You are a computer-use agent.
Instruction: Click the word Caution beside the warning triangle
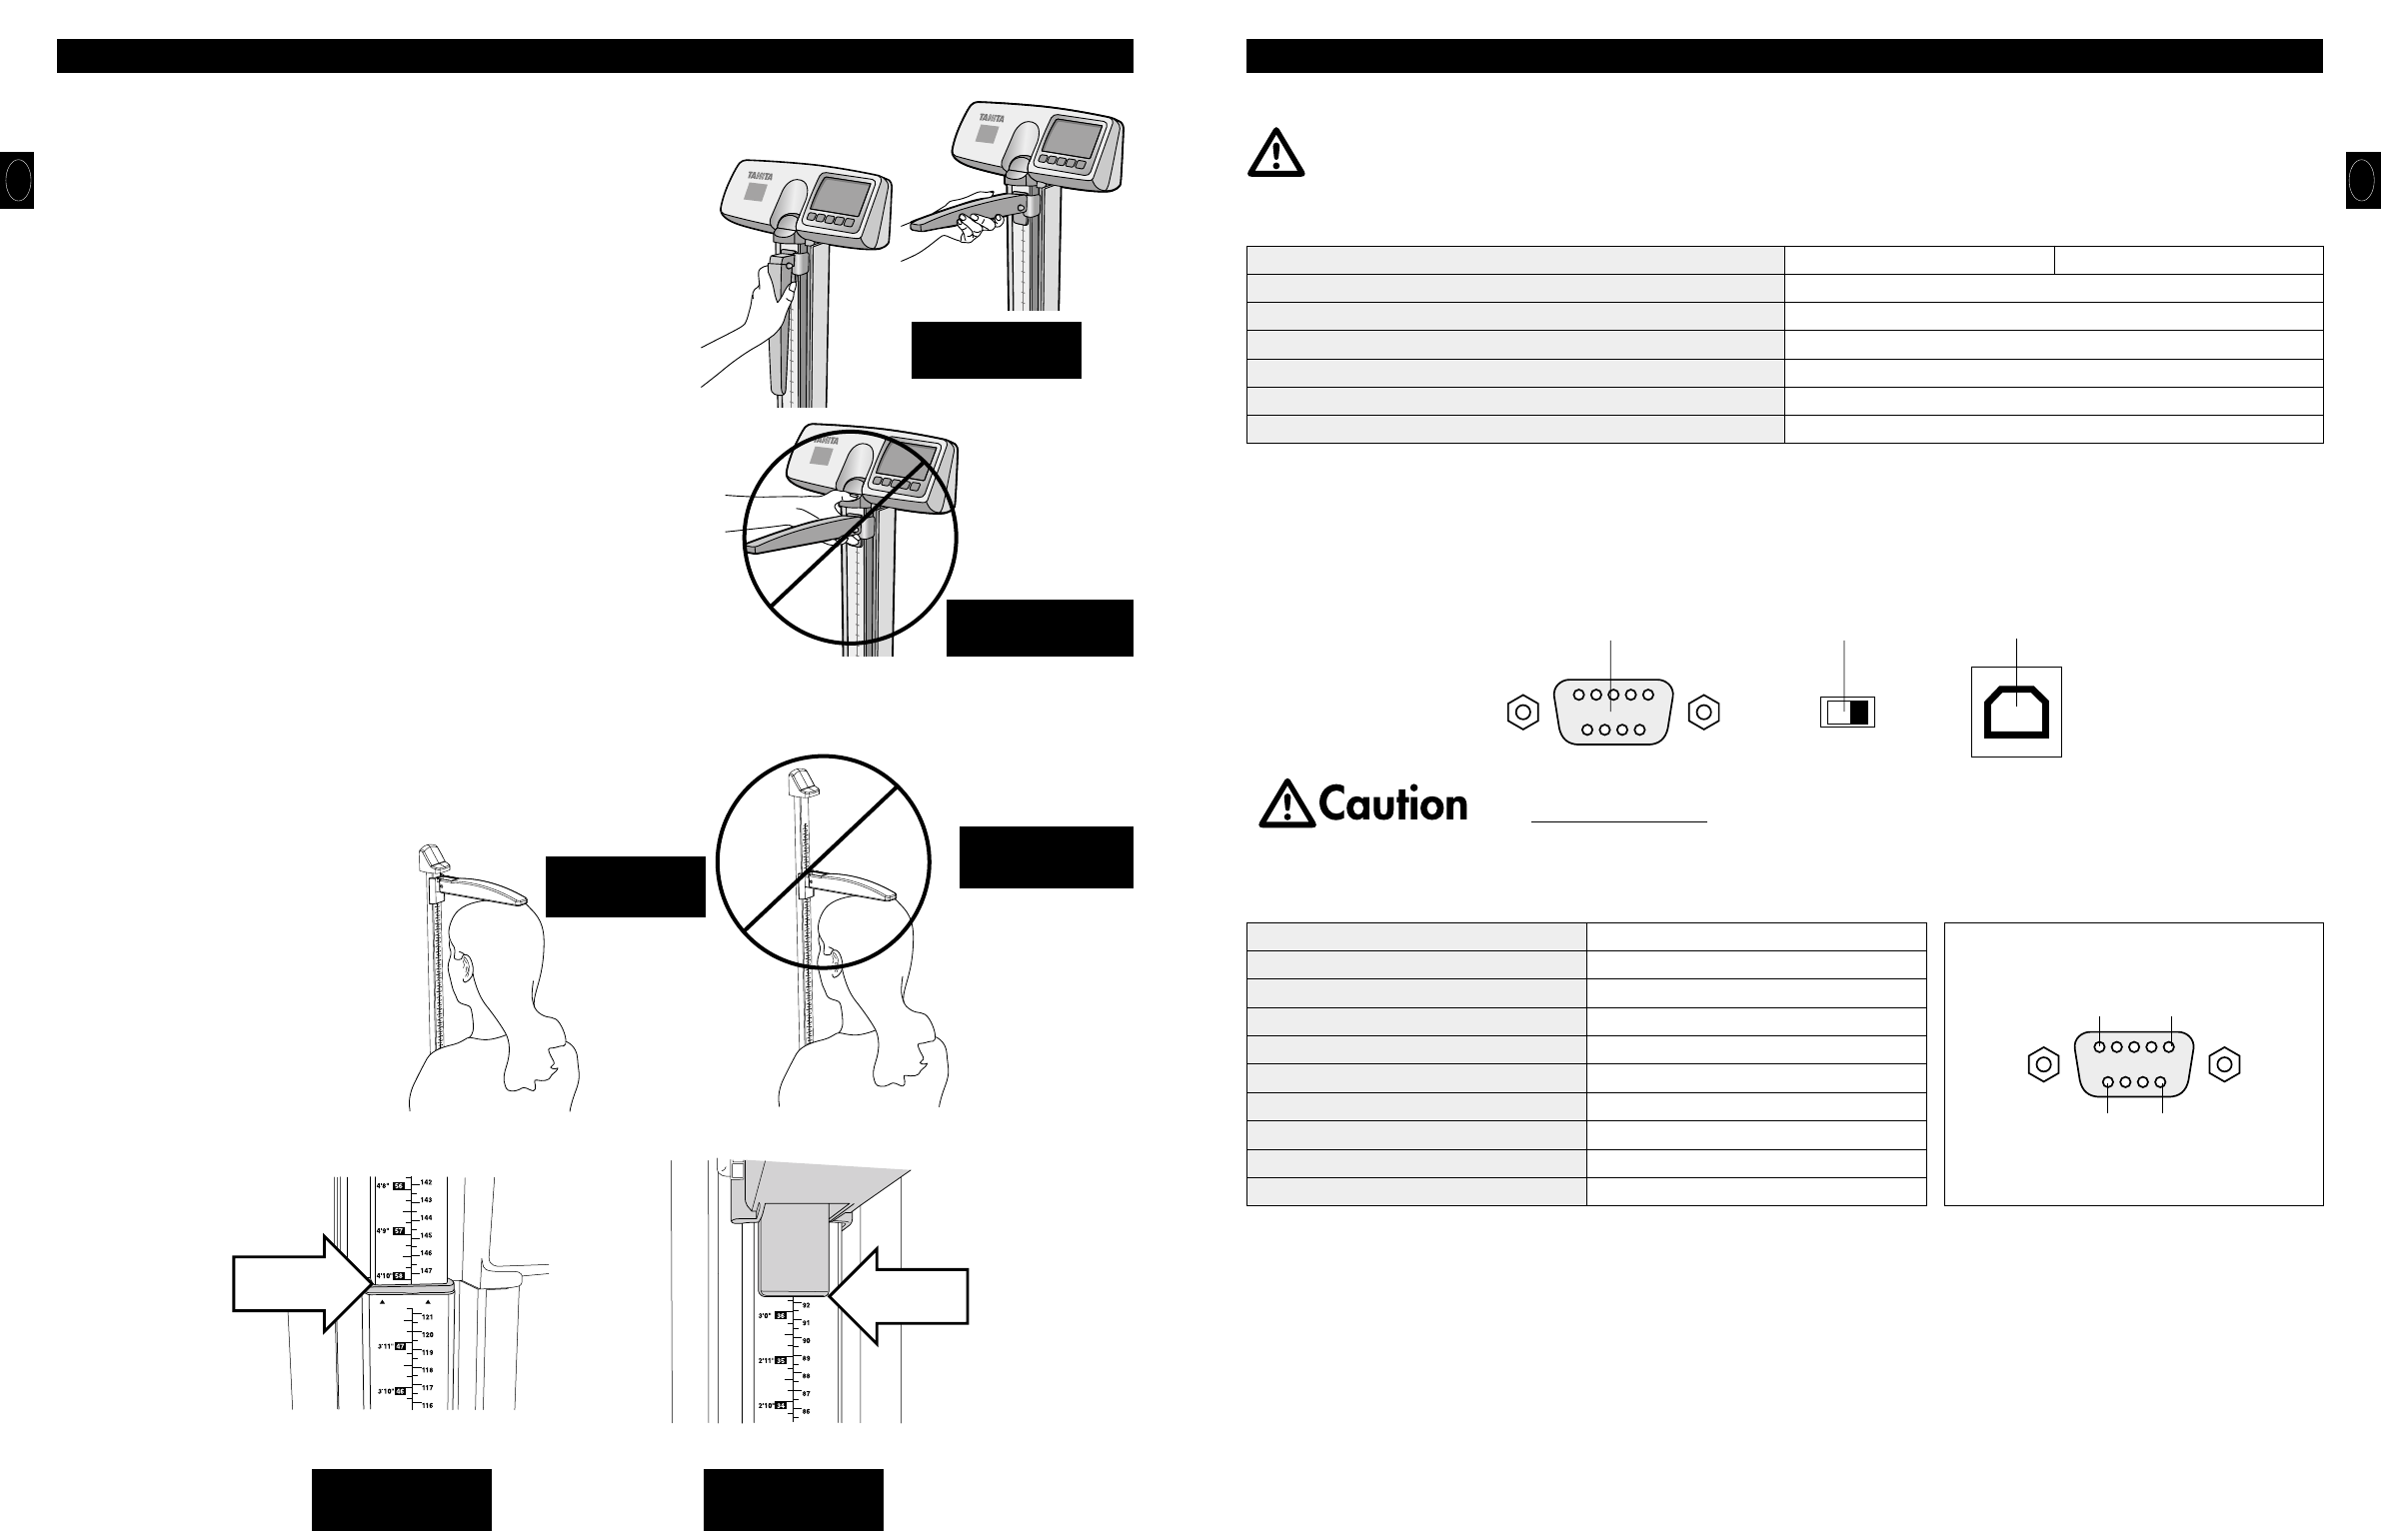(1393, 804)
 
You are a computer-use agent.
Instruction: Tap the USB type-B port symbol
(2016, 711)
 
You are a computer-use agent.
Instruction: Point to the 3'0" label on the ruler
(765, 1316)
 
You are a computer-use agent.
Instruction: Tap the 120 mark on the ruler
(428, 1335)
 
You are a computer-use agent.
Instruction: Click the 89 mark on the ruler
(806, 1358)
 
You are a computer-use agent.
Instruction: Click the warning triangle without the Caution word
(1275, 156)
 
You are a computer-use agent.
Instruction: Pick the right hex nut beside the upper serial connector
(1703, 713)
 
